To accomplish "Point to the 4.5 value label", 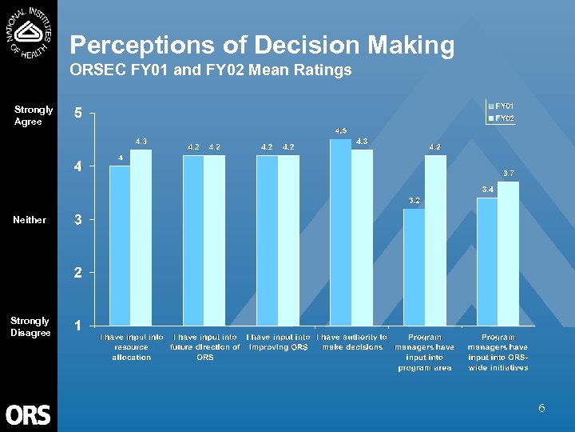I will click(x=341, y=130).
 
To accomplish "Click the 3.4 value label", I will click(x=487, y=189).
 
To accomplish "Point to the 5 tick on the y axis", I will click(x=77, y=114).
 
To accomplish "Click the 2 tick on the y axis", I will click(x=77, y=273).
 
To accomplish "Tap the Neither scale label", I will click(x=30, y=219).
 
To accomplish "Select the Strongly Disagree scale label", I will click(x=30, y=326).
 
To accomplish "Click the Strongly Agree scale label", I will click(x=34, y=115).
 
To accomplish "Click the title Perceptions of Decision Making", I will click(x=262, y=46).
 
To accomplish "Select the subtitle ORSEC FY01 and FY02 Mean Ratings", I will click(x=211, y=70).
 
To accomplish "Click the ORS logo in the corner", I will click(x=28, y=414).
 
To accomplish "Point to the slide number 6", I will click(x=541, y=409).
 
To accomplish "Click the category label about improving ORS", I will click(x=279, y=342).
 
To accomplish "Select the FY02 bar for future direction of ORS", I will click(x=214, y=241).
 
